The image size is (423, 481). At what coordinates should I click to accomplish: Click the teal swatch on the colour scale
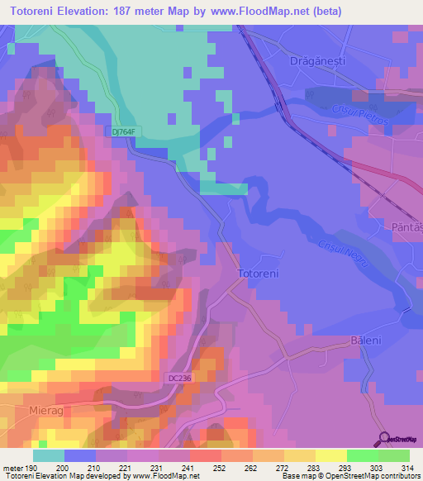pyautogui.click(x=48, y=455)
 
